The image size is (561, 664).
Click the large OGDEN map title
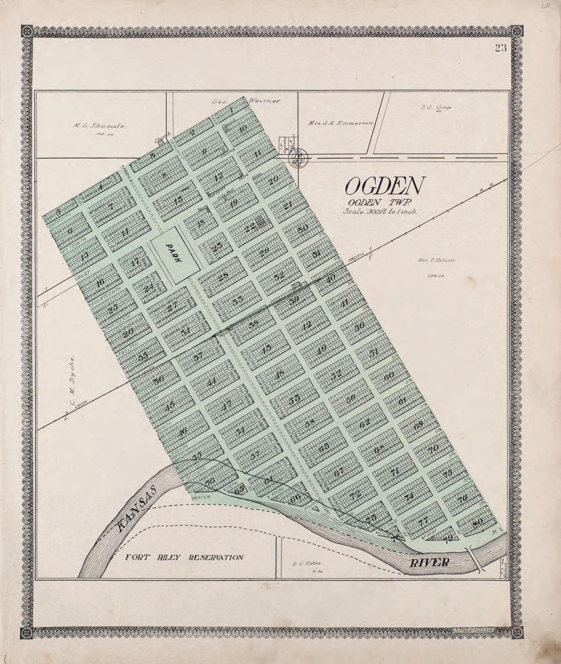[x=384, y=187]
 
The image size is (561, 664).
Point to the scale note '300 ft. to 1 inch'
[x=380, y=211]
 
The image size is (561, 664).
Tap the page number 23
[x=500, y=49]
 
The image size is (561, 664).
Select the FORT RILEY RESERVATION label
[x=185, y=557]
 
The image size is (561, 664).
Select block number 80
[x=477, y=522]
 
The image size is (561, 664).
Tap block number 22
[x=250, y=228]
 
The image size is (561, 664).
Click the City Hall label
[x=226, y=190]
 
